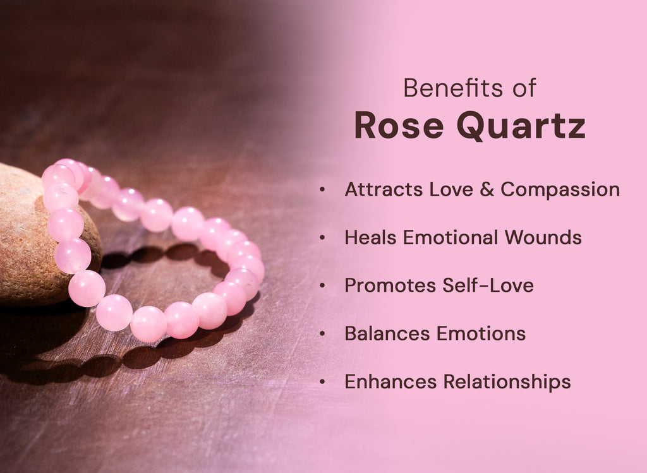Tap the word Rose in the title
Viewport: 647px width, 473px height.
pos(399,125)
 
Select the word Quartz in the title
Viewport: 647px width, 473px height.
pos(521,126)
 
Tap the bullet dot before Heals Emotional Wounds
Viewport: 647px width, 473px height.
pos(323,238)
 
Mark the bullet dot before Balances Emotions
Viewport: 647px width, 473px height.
pos(323,334)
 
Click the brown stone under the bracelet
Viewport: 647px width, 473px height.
pos(25,253)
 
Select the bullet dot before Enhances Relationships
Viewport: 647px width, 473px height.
pos(323,382)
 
